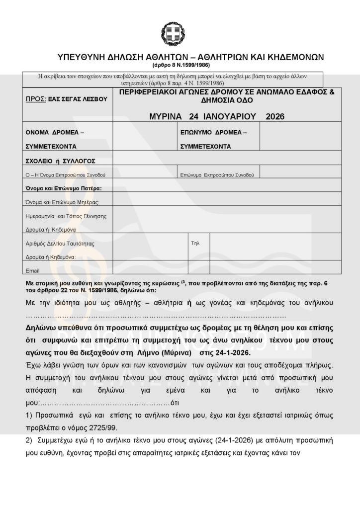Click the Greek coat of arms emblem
tap(173, 33)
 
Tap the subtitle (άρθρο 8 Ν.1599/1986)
tap(181, 65)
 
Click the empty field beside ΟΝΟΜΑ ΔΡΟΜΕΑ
tap(145, 137)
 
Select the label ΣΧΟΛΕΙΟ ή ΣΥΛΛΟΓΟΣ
tap(60, 161)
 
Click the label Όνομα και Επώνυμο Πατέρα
tap(63, 188)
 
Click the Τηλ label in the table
tap(195, 244)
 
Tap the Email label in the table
tap(32, 270)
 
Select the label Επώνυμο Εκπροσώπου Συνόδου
tap(217, 175)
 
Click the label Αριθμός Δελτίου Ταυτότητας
tap(60, 244)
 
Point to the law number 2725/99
tap(103, 427)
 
